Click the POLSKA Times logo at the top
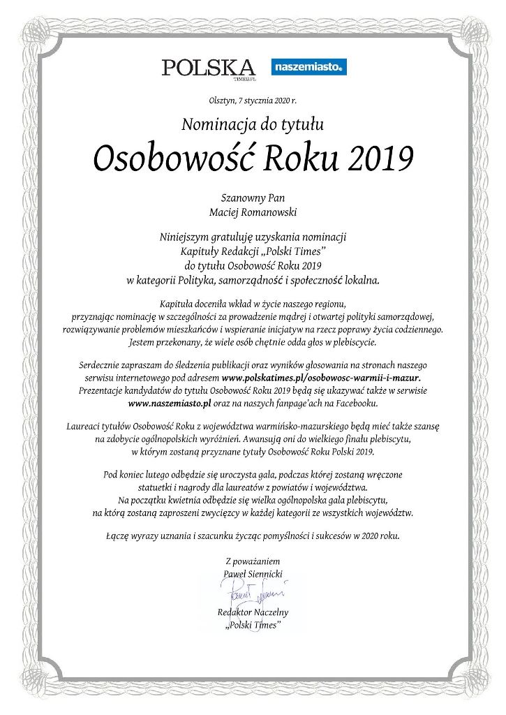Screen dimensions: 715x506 [208, 68]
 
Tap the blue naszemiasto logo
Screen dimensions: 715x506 [308, 68]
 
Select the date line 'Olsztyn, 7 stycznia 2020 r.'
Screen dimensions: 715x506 [253, 101]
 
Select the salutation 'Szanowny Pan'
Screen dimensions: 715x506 [253, 198]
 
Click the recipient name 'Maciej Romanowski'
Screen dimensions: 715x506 [253, 212]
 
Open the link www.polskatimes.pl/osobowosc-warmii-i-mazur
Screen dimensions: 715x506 [320, 378]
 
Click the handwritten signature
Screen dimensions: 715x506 [253, 594]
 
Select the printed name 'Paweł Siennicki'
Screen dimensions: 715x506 [253, 573]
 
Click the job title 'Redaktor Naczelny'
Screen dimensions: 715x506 [253, 612]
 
